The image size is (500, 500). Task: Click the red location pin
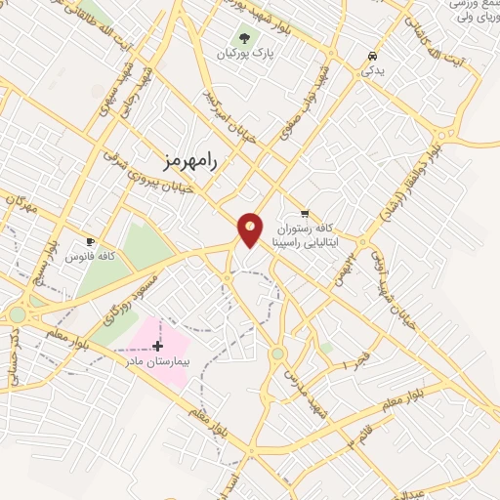(250, 229)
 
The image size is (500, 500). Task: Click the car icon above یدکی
(372, 56)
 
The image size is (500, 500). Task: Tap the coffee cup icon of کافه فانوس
(91, 241)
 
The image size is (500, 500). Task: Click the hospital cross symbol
(158, 346)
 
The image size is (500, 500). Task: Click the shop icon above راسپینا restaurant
(305, 213)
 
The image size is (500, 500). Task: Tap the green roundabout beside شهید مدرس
(278, 354)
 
